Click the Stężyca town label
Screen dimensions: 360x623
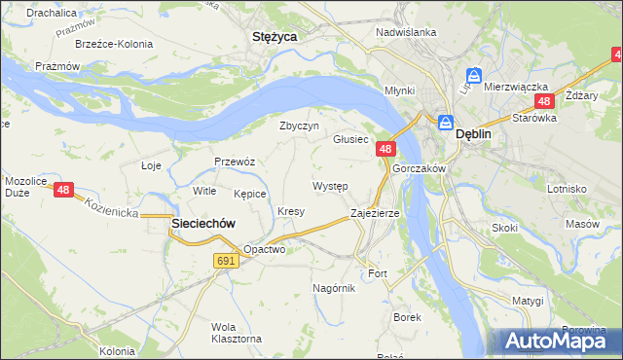(x=275, y=36)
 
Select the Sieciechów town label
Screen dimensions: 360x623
(x=203, y=223)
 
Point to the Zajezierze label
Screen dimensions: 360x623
(x=375, y=212)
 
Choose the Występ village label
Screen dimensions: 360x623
(x=330, y=185)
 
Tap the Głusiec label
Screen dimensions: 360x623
(x=350, y=139)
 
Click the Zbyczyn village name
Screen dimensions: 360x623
(x=299, y=126)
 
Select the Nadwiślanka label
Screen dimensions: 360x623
(x=406, y=32)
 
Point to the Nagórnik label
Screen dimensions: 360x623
(x=334, y=288)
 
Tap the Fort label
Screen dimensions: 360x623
(x=378, y=274)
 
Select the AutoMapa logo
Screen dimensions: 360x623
(x=553, y=342)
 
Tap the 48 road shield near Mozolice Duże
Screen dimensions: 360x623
(x=63, y=191)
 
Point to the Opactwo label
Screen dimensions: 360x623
(x=264, y=249)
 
